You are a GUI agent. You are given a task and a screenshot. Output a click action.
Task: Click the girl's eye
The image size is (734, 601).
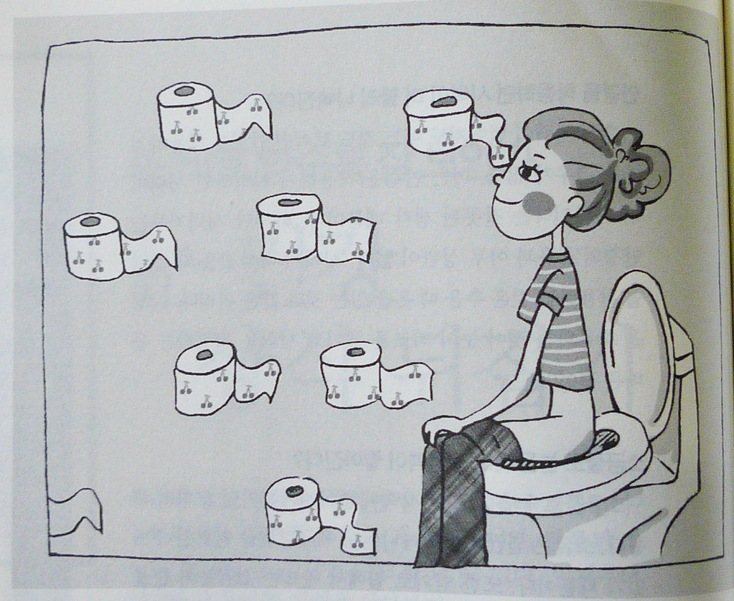(530, 172)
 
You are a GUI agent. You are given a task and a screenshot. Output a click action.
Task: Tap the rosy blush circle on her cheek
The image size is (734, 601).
(539, 203)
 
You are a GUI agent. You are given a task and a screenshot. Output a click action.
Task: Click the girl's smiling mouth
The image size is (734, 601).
(508, 204)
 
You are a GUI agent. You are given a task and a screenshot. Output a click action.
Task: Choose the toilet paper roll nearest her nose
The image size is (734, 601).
(438, 122)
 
